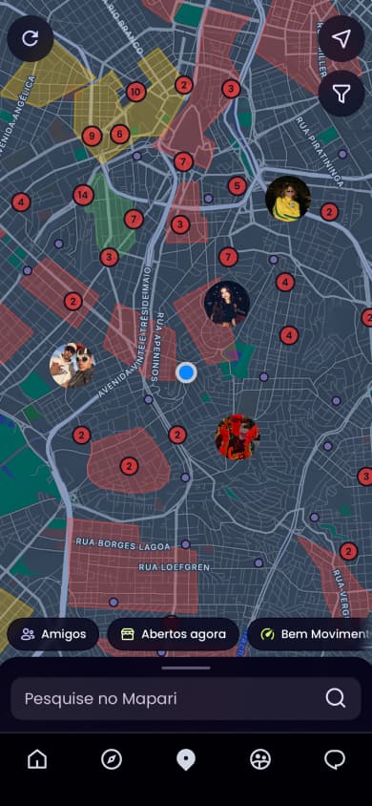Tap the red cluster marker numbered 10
click(x=135, y=92)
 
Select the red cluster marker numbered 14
click(x=84, y=195)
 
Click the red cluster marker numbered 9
click(x=92, y=136)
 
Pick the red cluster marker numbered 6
click(x=120, y=134)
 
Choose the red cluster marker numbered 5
click(x=238, y=186)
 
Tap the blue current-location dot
click(x=187, y=372)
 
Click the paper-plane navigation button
click(x=341, y=38)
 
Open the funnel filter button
click(x=341, y=93)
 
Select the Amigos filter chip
click(x=53, y=634)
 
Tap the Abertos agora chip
click(x=173, y=634)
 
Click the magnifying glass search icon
click(x=335, y=698)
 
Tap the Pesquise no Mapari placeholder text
click(x=100, y=698)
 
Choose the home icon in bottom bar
click(x=37, y=759)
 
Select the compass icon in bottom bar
click(x=112, y=759)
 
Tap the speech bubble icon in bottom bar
click(x=335, y=759)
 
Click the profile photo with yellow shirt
click(x=287, y=198)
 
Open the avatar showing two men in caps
click(x=72, y=365)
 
